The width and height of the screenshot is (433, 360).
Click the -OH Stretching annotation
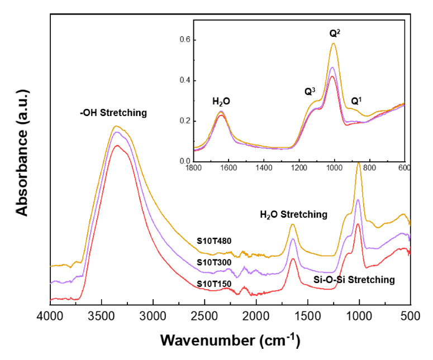[x=113, y=113]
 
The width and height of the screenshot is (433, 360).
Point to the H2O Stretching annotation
[x=293, y=214]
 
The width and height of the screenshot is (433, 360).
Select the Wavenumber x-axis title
[x=230, y=340]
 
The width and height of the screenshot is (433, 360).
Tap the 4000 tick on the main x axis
[x=51, y=316]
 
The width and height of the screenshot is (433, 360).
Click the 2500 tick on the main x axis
[x=205, y=316]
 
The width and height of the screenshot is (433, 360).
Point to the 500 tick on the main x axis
[x=410, y=316]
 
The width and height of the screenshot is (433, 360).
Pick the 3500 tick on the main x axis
[x=102, y=316]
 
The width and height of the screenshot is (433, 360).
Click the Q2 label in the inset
[x=335, y=33]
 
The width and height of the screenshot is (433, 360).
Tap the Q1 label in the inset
[x=356, y=102]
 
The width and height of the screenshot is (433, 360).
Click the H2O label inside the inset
[x=221, y=102]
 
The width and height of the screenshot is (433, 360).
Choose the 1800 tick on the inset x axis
[x=193, y=168]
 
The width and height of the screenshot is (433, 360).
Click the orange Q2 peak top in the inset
[x=334, y=44]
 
